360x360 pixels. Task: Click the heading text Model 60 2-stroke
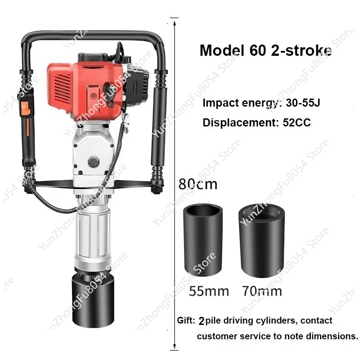tap(265, 50)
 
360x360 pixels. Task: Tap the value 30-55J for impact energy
tap(303, 103)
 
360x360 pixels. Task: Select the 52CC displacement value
tap(297, 122)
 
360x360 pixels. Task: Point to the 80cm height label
tap(198, 184)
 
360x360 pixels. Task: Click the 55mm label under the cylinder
tap(209, 291)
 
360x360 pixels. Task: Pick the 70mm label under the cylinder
tap(262, 291)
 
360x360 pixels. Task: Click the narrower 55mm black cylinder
tap(203, 240)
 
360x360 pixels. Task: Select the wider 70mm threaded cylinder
tap(262, 240)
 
